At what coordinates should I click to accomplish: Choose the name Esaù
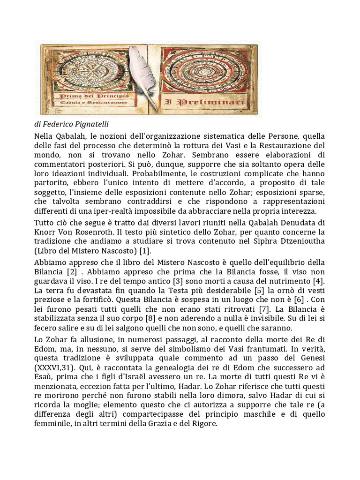pos(44,376)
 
